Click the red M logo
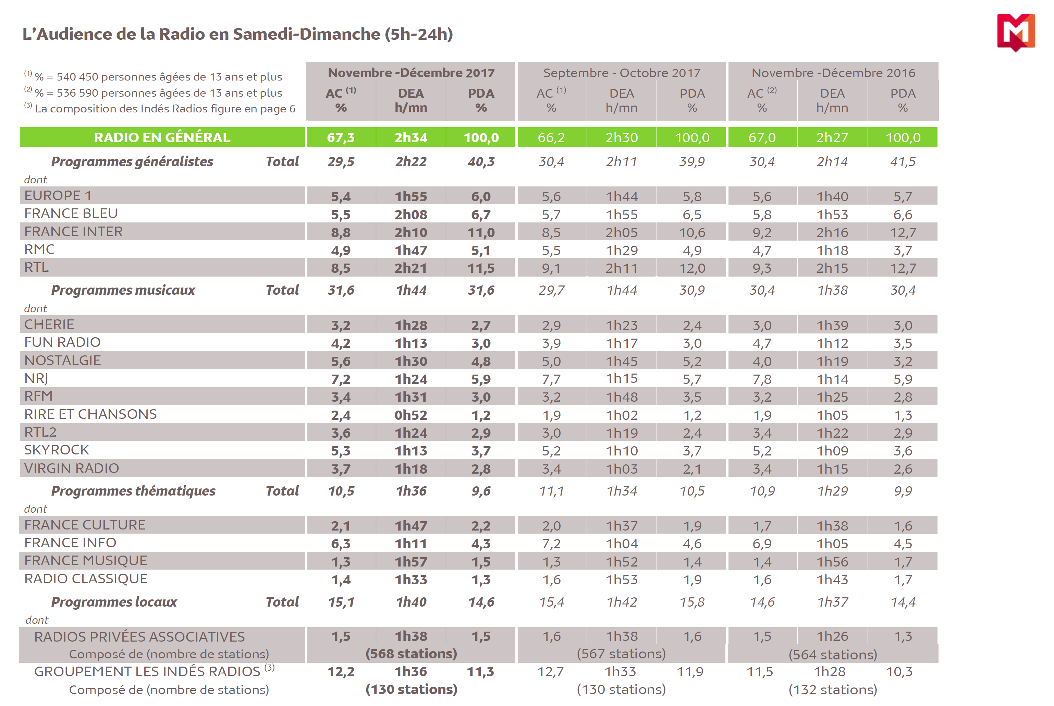pos(1015,32)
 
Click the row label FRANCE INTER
pos(73,231)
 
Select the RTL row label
pos(36,267)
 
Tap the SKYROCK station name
pos(57,450)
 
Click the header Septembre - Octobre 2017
pos(622,73)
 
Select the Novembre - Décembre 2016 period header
pos(833,73)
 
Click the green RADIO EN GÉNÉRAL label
pos(162,137)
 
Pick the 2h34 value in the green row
pos(411,137)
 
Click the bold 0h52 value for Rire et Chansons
pos(411,415)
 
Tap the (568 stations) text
pos(411,653)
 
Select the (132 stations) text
pos(833,689)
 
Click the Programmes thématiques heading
pos(133,491)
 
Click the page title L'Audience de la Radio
pos(237,34)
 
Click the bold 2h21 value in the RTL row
pos(411,268)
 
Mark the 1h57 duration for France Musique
pos(411,561)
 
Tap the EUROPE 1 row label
pos(58,195)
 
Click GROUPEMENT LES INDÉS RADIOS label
pos(147,671)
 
